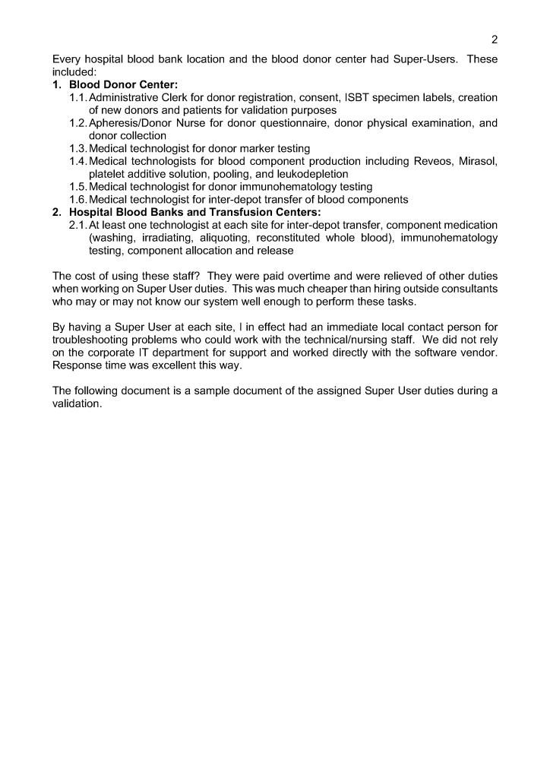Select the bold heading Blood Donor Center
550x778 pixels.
tap(123, 85)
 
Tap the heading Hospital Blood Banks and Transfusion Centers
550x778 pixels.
tap(195, 212)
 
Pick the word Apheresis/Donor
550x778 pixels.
tap(129, 123)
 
